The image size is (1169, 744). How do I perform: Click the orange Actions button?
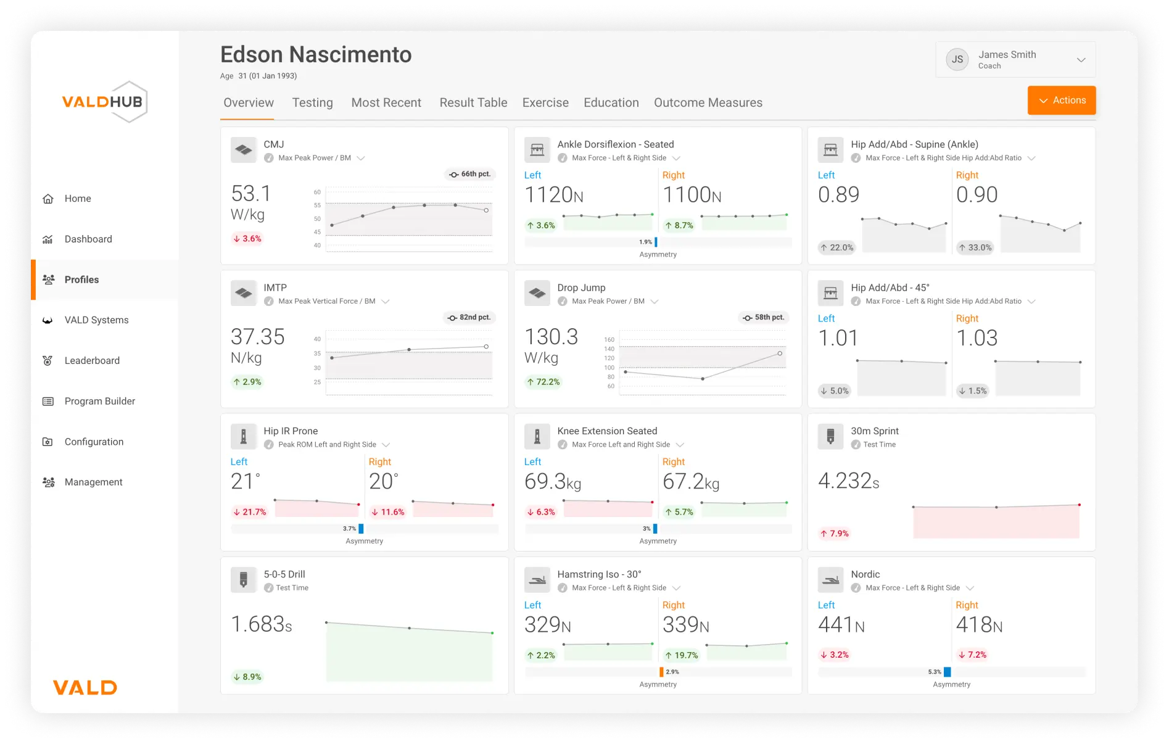point(1061,100)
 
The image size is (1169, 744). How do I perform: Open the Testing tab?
point(312,102)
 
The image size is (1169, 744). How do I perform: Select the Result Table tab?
point(473,102)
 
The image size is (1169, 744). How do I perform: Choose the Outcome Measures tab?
point(708,102)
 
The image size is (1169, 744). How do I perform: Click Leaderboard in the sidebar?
point(92,360)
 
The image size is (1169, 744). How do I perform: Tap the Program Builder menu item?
point(99,401)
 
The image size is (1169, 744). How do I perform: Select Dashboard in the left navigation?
point(88,239)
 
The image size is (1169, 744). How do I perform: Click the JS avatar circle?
point(957,59)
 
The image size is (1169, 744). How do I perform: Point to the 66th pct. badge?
point(470,174)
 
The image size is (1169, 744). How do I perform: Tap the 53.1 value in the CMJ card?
point(250,194)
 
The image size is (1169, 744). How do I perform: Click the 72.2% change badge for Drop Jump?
point(543,382)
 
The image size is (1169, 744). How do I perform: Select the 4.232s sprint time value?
point(848,481)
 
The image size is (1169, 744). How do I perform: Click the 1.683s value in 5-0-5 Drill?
point(261,624)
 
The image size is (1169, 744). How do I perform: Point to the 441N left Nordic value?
point(841,625)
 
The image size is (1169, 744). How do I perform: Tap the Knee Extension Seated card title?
point(607,431)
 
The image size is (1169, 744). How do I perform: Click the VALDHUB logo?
point(104,102)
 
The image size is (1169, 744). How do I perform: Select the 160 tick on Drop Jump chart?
point(609,339)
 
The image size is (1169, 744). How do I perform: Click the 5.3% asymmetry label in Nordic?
point(935,672)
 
